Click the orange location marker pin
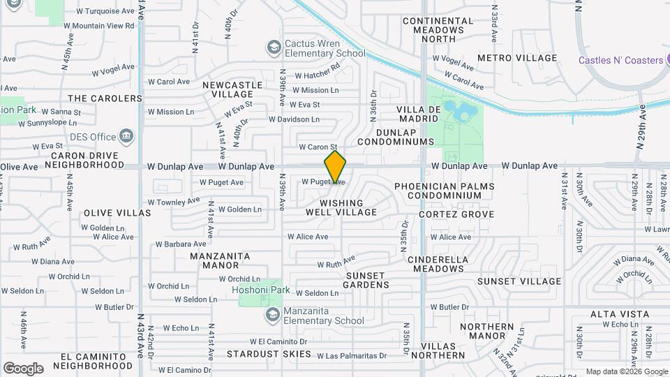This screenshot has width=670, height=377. (335, 168)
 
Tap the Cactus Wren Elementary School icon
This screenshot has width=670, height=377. (274, 47)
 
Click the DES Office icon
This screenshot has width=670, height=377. (127, 136)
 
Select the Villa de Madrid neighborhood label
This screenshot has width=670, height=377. (419, 114)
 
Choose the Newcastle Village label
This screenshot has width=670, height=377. (232, 89)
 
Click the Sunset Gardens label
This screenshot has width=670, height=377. (367, 280)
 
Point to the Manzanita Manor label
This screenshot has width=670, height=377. (221, 260)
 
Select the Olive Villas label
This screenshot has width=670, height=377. (117, 212)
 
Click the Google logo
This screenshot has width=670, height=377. (23, 368)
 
